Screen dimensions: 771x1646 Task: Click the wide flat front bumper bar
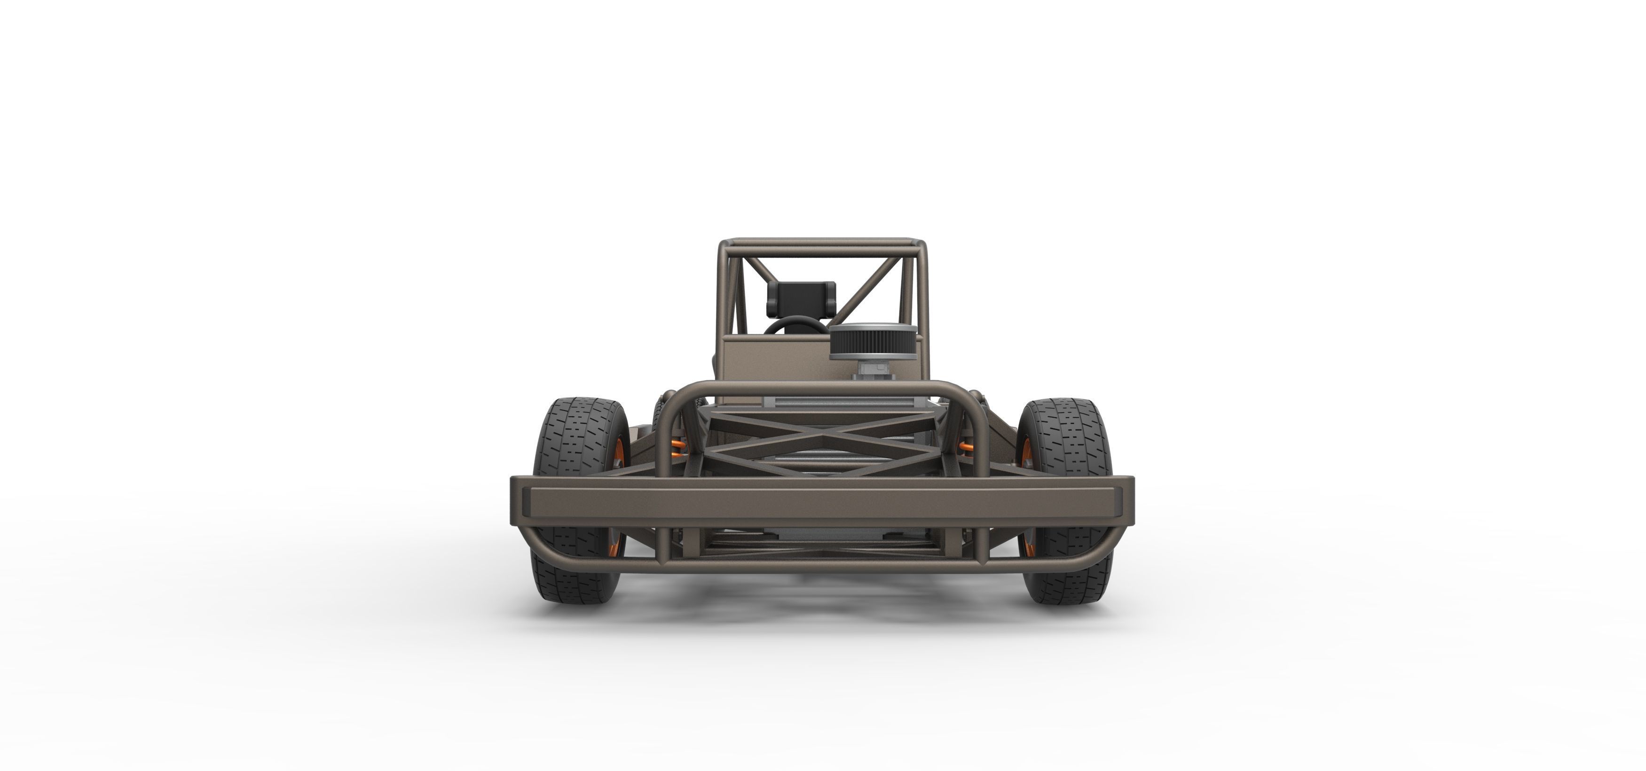[822, 498]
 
